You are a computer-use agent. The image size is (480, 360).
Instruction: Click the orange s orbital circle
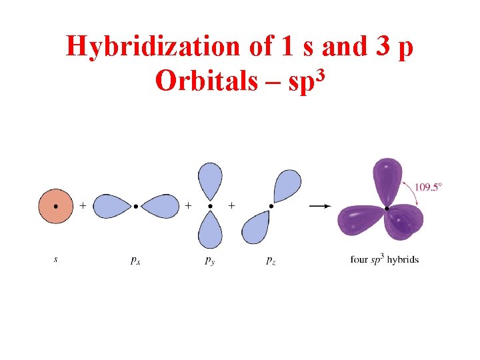pos(55,207)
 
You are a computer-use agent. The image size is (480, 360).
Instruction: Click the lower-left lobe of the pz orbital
pos(255,227)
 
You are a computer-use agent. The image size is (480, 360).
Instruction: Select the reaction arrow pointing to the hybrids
pos(320,207)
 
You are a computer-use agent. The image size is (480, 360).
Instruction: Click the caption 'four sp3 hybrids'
pos(385,259)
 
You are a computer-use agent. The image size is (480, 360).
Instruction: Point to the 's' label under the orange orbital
pos(55,259)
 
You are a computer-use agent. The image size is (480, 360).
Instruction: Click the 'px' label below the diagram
pos(135,260)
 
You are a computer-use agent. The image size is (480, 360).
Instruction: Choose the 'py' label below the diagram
pos(210,260)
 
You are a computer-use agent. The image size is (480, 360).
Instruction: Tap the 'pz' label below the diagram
pos(270,260)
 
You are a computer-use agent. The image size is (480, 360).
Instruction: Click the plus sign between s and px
pos(82,207)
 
